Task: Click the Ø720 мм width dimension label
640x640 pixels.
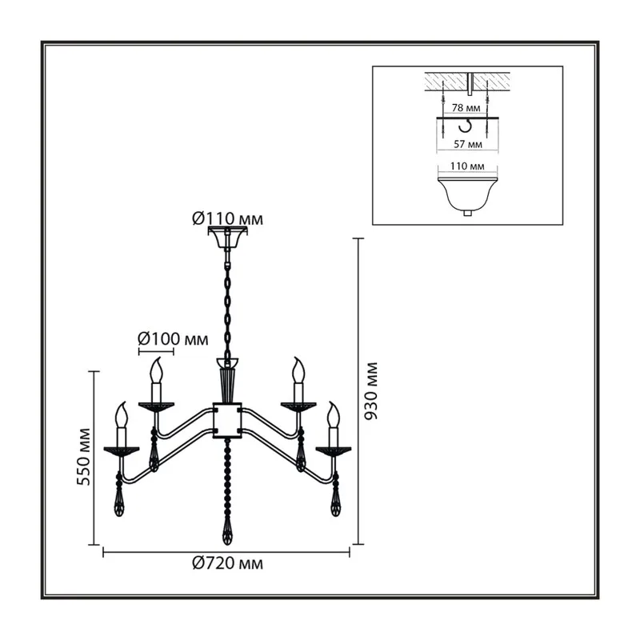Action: point(227,564)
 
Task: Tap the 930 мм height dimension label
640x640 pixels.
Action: point(371,391)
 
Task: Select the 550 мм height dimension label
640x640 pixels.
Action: point(83,457)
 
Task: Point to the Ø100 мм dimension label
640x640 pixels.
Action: point(173,338)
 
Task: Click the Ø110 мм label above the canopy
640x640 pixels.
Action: point(227,219)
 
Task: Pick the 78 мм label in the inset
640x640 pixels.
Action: point(466,108)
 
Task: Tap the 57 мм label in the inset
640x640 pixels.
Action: point(468,144)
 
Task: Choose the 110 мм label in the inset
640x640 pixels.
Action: point(467,166)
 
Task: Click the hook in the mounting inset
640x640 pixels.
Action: point(465,126)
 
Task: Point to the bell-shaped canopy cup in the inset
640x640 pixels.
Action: point(468,195)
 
